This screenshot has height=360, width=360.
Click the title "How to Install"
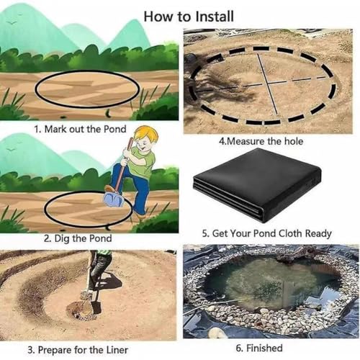click(x=189, y=17)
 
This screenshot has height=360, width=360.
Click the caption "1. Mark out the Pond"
click(x=80, y=129)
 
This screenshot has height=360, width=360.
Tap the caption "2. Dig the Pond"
click(x=78, y=238)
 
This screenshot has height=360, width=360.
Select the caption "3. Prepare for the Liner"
click(x=78, y=350)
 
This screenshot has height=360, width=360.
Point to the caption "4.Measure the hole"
click(x=261, y=141)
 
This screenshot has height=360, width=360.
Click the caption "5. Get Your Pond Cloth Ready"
click(x=266, y=233)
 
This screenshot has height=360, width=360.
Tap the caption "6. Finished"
click(x=259, y=348)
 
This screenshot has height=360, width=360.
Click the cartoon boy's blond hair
click(x=145, y=135)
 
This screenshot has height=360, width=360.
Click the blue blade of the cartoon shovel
click(x=114, y=199)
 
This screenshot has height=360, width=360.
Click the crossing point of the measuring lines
click(x=268, y=83)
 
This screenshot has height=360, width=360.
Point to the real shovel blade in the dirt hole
click(x=96, y=307)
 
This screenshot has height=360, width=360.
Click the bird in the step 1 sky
click(x=12, y=23)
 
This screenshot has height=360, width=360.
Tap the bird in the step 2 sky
click(x=11, y=150)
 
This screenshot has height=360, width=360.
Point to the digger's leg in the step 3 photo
click(x=99, y=271)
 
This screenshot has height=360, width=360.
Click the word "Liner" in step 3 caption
click(x=117, y=350)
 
